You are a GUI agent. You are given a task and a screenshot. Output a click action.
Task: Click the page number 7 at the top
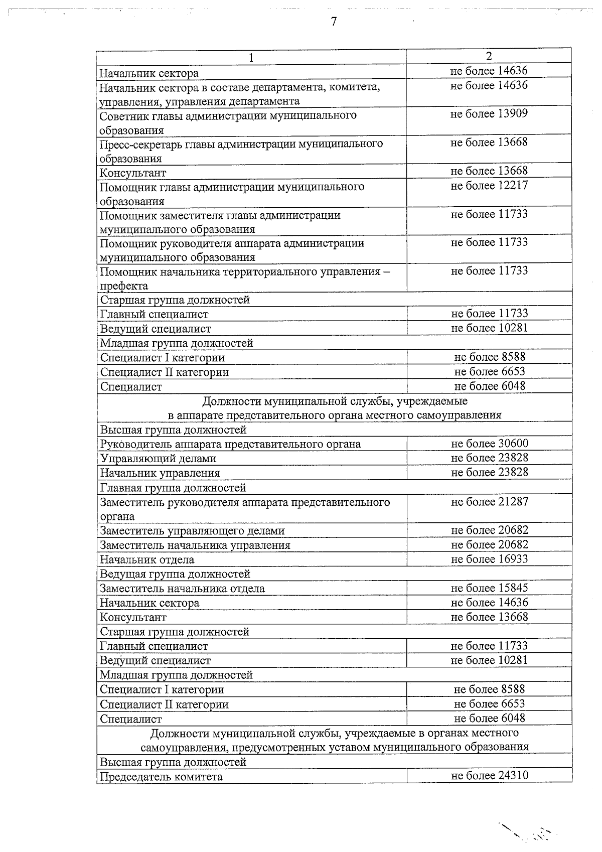click(333, 22)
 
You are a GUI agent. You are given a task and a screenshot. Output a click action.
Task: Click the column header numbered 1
click(251, 58)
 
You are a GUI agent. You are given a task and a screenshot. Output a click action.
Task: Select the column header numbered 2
click(489, 55)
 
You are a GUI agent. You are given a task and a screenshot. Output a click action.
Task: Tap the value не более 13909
click(489, 114)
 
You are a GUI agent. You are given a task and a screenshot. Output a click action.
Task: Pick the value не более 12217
click(489, 186)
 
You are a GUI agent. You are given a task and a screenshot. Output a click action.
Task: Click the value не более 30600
click(489, 444)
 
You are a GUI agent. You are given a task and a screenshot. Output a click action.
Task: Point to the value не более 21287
click(489, 502)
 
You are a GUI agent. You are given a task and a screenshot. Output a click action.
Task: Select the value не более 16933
click(489, 559)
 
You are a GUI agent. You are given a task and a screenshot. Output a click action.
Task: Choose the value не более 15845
click(489, 588)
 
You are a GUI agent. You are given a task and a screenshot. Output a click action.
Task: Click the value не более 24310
click(489, 776)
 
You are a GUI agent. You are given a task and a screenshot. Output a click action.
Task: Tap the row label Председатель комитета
click(161, 777)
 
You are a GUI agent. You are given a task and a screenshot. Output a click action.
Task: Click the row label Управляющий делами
click(158, 459)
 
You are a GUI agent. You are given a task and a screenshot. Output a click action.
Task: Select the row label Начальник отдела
click(147, 560)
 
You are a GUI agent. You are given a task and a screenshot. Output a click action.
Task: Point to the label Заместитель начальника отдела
click(182, 589)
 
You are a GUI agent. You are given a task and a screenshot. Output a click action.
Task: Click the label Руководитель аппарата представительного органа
click(230, 444)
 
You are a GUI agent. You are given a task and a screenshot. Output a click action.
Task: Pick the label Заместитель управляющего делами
click(192, 531)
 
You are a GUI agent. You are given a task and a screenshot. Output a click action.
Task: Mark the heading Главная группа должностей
click(173, 488)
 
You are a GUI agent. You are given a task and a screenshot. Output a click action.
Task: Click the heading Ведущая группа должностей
click(175, 574)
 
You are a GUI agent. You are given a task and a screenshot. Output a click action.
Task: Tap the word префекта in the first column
click(124, 286)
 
